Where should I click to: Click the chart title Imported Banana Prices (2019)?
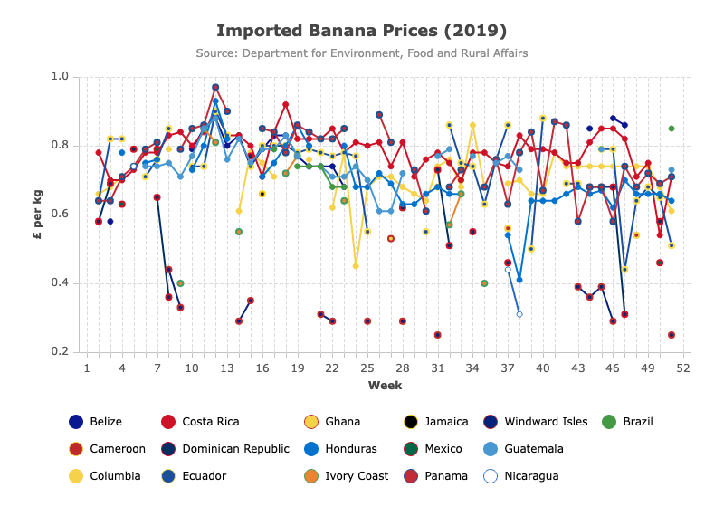(x=361, y=31)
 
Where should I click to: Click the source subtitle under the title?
(x=361, y=53)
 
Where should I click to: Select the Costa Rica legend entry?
(x=200, y=422)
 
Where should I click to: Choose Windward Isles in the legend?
(x=536, y=422)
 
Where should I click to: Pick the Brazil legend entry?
(x=628, y=422)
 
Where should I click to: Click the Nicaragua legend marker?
(x=491, y=476)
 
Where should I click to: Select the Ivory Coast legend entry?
(x=347, y=476)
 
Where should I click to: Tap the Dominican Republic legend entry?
(x=225, y=449)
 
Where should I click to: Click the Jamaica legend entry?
(x=436, y=422)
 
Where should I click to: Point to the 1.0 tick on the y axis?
(x=60, y=76)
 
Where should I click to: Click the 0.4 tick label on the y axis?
(x=60, y=282)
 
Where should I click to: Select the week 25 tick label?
(x=367, y=368)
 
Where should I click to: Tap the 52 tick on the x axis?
(x=683, y=368)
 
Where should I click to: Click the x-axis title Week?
(x=386, y=386)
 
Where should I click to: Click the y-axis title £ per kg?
(x=38, y=215)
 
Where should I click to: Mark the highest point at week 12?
(x=215, y=87)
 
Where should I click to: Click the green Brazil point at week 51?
(x=672, y=129)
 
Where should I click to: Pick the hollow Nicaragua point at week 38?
(x=519, y=314)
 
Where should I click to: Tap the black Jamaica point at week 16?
(x=262, y=194)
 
